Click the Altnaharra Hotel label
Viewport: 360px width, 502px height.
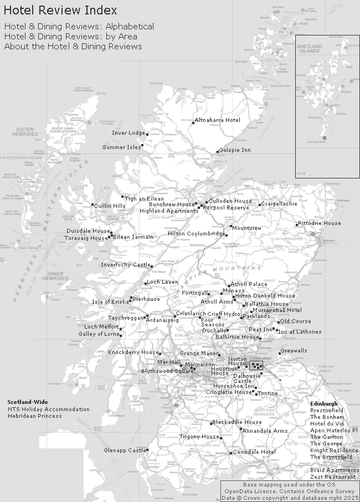click(x=217, y=120)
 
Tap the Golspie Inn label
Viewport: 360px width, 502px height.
click(x=235, y=150)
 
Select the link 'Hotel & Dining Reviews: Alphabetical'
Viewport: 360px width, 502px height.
click(x=79, y=27)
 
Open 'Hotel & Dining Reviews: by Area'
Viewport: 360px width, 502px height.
click(x=70, y=37)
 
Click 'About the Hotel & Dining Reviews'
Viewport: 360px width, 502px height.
click(x=73, y=47)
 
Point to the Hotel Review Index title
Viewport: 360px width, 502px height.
click(x=60, y=11)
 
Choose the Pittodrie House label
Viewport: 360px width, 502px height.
click(x=319, y=223)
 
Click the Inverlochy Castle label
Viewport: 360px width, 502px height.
click(x=125, y=265)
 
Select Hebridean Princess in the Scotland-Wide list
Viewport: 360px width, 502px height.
click(x=35, y=416)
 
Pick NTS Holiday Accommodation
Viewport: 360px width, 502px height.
click(x=48, y=409)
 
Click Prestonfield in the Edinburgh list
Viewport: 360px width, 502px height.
click(x=327, y=411)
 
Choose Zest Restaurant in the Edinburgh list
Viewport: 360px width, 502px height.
click(x=333, y=477)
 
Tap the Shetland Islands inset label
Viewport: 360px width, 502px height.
click(x=308, y=49)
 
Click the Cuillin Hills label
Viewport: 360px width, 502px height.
click(x=110, y=206)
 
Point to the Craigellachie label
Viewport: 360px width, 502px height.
click(x=279, y=204)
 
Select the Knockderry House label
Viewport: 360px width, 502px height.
click(x=133, y=352)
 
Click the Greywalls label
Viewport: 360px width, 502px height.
click(x=294, y=351)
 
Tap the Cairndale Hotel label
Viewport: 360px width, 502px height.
click(x=254, y=452)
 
